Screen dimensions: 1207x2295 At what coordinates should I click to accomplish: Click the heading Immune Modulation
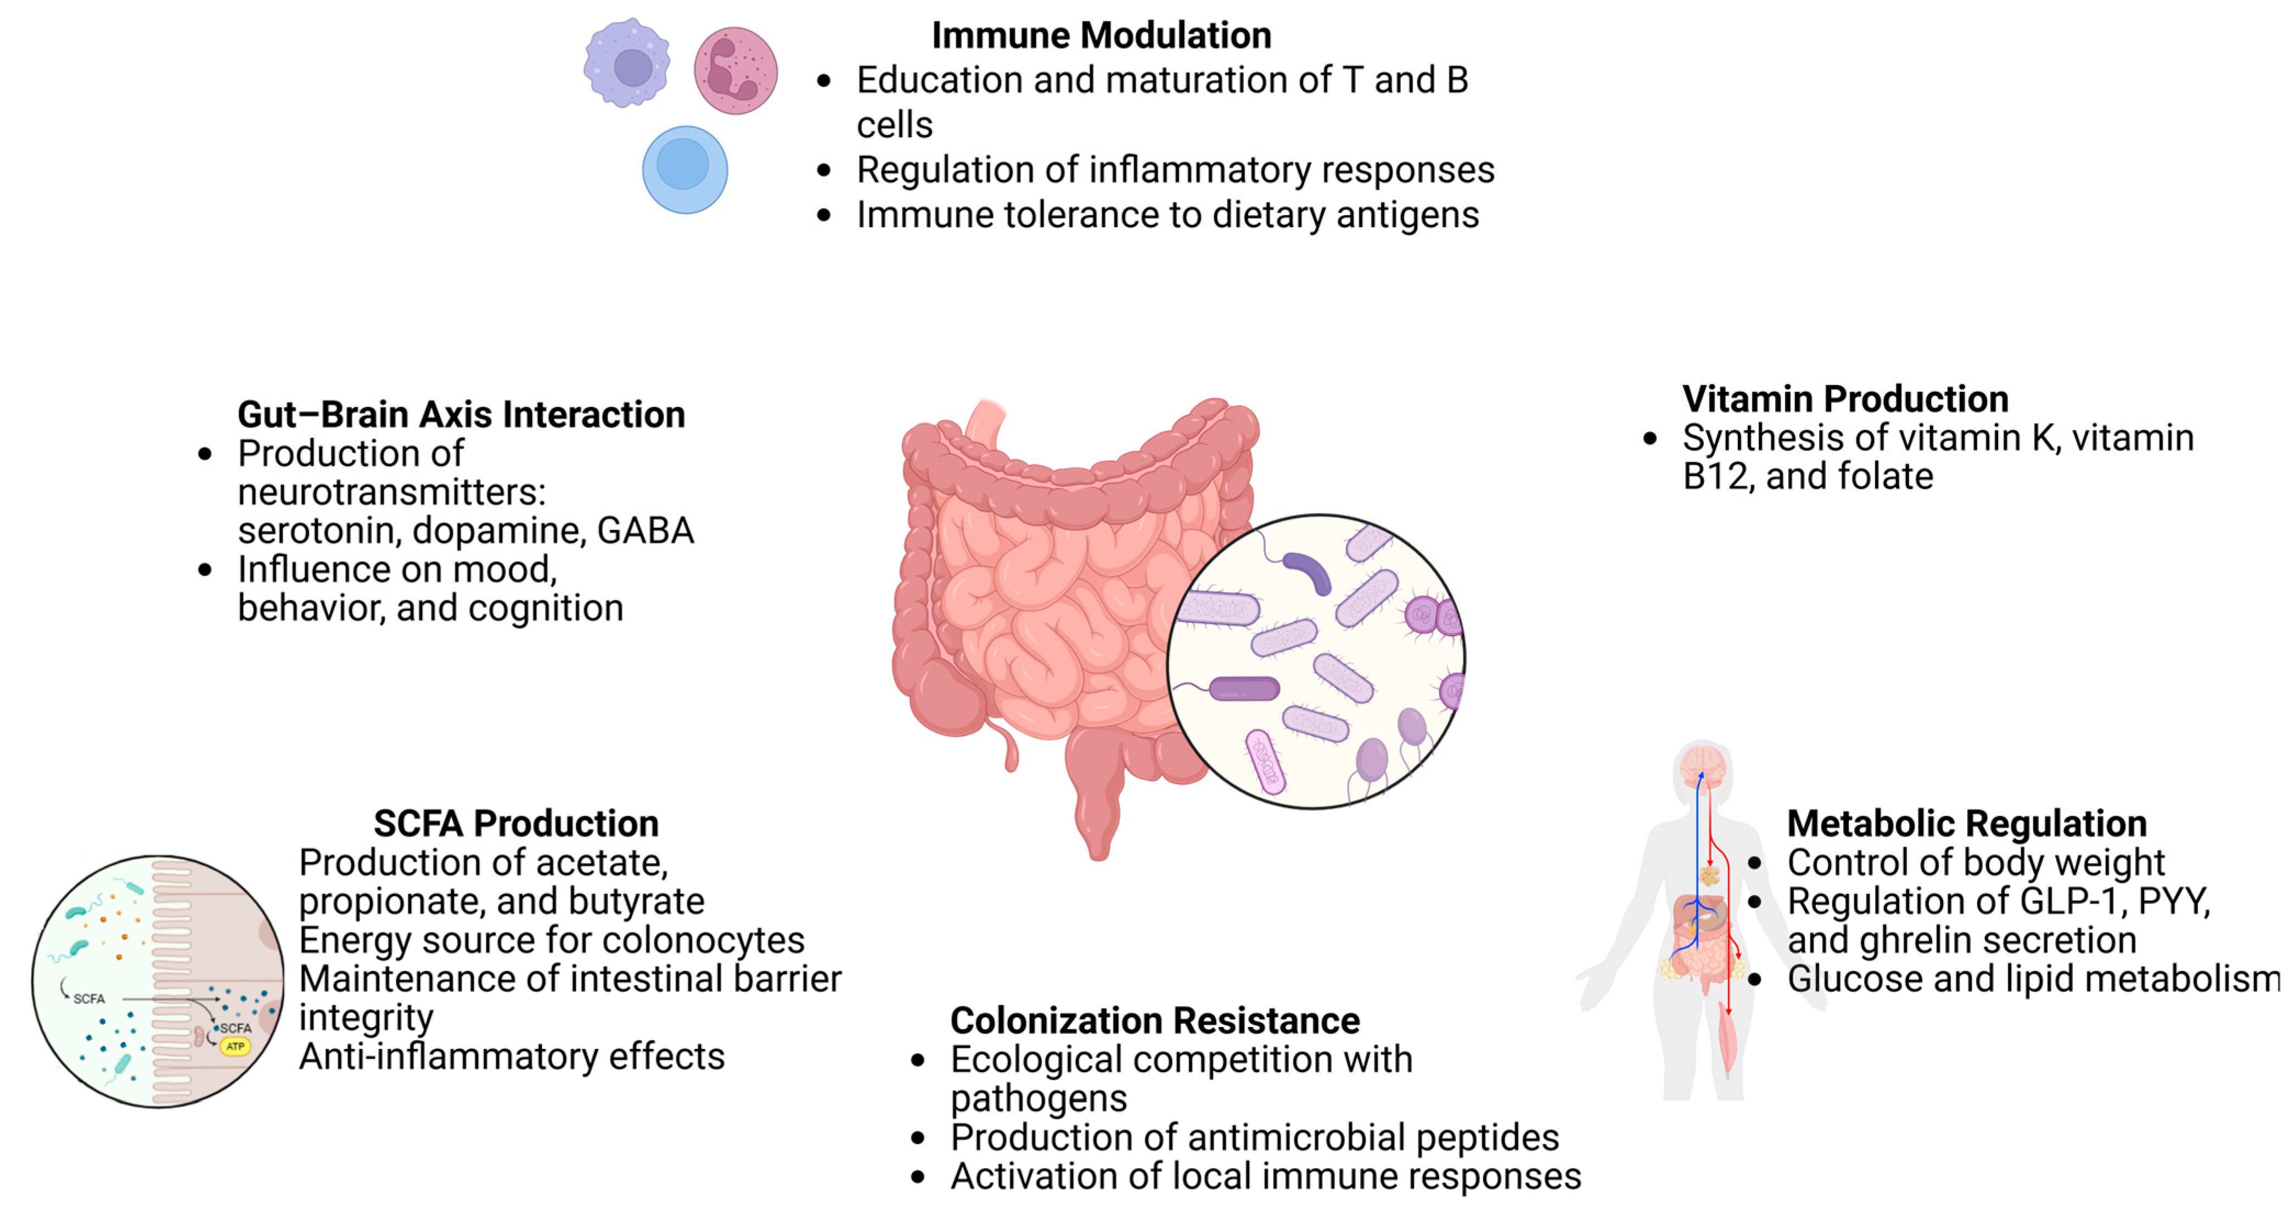coord(1101,36)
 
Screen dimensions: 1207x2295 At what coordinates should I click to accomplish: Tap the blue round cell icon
coord(684,169)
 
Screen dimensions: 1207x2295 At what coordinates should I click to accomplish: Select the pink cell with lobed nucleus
coord(735,70)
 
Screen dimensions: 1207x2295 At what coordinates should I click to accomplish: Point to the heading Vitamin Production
coord(1844,399)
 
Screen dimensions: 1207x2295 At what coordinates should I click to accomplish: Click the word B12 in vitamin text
coord(1715,477)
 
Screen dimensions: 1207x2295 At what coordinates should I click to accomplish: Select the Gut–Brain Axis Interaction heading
coord(461,414)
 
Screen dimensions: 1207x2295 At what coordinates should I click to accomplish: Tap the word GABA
coord(645,531)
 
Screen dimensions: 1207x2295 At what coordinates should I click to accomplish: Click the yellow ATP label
coord(235,1047)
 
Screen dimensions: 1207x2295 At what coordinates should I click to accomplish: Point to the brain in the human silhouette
coord(1703,764)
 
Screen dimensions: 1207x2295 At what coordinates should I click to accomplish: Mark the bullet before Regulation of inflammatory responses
coord(824,170)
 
